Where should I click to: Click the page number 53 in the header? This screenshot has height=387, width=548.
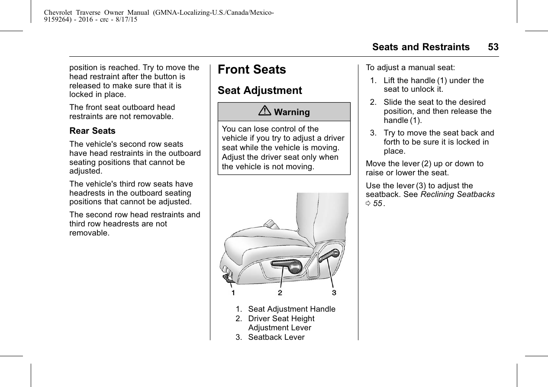tap(493, 47)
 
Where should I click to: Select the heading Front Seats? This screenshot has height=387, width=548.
tap(252, 70)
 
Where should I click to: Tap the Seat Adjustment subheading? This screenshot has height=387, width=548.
tap(260, 90)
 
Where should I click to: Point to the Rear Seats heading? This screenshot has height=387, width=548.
tap(92, 131)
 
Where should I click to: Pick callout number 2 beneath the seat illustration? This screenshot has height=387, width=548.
tap(280, 293)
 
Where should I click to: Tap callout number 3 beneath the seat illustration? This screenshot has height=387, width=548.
tap(334, 293)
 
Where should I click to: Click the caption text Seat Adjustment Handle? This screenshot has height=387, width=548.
tap(292, 309)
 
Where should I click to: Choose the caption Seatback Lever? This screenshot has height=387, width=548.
tap(276, 337)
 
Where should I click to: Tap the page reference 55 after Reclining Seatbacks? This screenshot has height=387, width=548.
tap(377, 203)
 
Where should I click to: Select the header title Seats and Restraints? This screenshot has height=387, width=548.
tap(421, 47)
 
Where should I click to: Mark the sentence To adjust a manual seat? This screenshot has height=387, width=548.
tap(410, 68)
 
